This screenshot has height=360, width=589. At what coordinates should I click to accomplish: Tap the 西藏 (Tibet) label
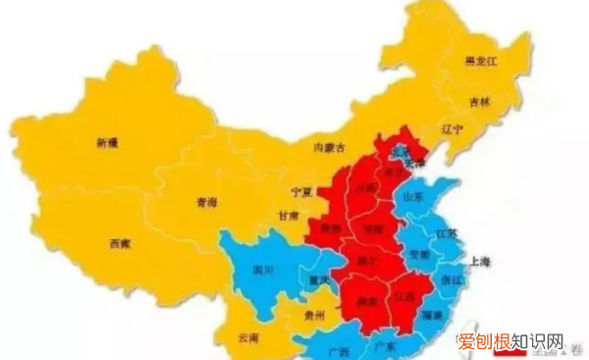point(121,241)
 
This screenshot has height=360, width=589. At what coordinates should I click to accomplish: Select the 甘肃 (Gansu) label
point(288,216)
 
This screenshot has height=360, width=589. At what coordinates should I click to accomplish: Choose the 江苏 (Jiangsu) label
point(448,234)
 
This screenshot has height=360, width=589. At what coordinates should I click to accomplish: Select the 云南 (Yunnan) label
point(249,336)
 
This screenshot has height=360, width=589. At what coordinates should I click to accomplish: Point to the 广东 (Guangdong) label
point(387,347)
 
